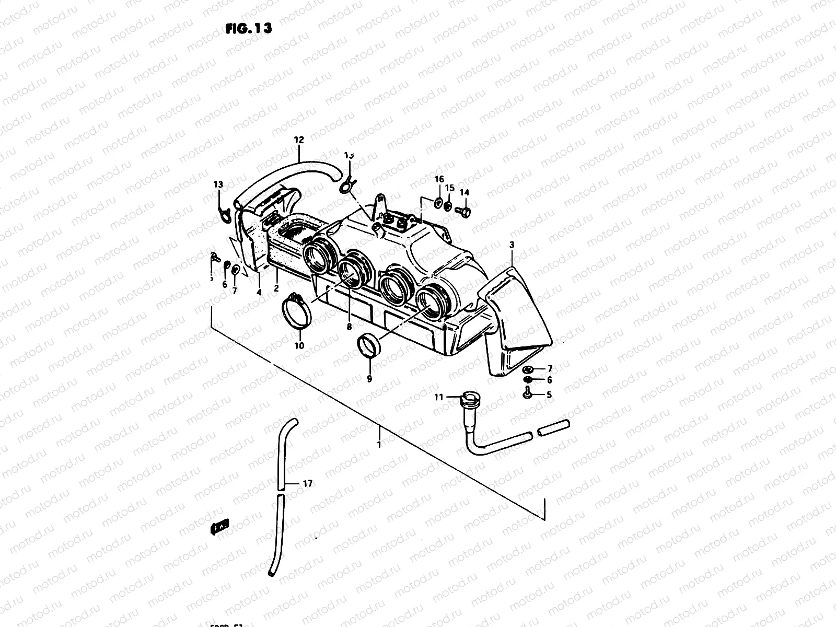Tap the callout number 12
point(299,140)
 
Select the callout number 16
point(439,179)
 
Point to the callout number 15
point(450,188)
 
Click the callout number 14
point(465,192)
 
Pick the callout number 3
point(512,244)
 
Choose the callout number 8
point(349,327)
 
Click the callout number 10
point(299,345)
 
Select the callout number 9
point(369,379)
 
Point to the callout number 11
point(438,397)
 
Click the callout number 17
point(307,484)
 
